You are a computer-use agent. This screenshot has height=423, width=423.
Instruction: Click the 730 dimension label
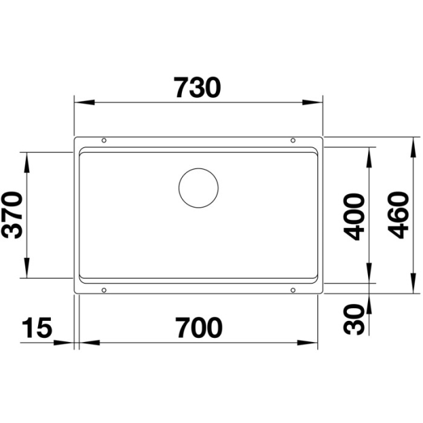[x=198, y=88]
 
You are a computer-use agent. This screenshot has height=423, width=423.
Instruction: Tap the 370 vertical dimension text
[x=13, y=215]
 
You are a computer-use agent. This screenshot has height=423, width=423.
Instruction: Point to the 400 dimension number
[x=353, y=216]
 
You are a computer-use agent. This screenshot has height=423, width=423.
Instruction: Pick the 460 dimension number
[x=396, y=215]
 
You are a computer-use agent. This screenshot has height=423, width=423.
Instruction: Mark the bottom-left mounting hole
[x=104, y=290]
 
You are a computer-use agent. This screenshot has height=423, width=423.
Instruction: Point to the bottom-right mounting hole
[x=293, y=290]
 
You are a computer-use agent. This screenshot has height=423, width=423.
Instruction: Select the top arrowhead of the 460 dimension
[x=413, y=146]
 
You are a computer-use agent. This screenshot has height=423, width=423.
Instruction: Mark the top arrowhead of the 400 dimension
[x=369, y=155]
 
